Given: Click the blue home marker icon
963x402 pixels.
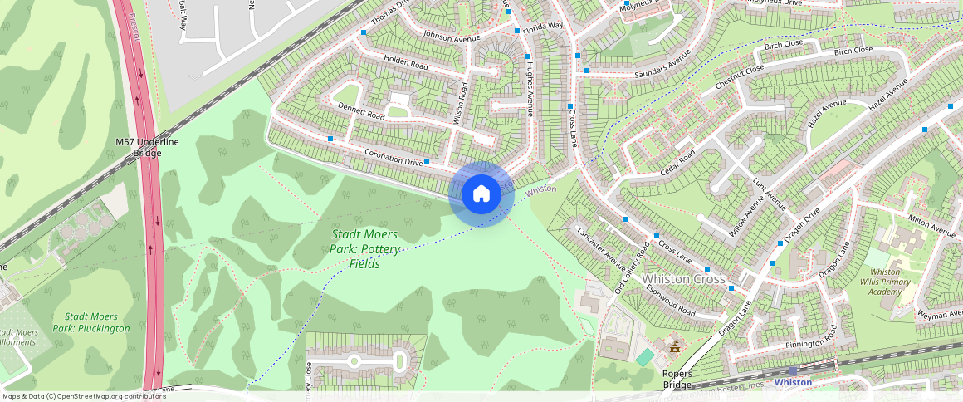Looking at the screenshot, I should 481,194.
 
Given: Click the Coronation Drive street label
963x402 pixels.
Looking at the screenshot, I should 394,156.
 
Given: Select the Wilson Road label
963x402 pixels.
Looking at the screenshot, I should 462,104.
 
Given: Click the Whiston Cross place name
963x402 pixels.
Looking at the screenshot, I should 685,279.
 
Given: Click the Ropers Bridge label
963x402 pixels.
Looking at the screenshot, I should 677,379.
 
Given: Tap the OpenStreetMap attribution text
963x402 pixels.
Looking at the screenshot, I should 83,396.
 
